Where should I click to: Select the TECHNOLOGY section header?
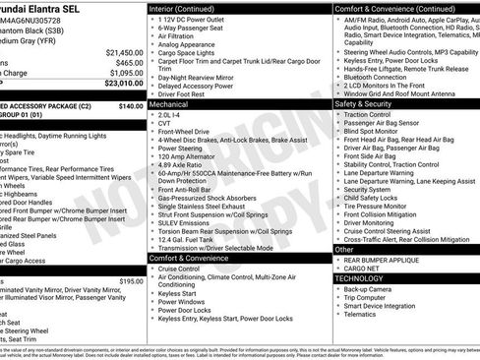tap(361, 278)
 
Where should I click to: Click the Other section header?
tap(344, 250)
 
